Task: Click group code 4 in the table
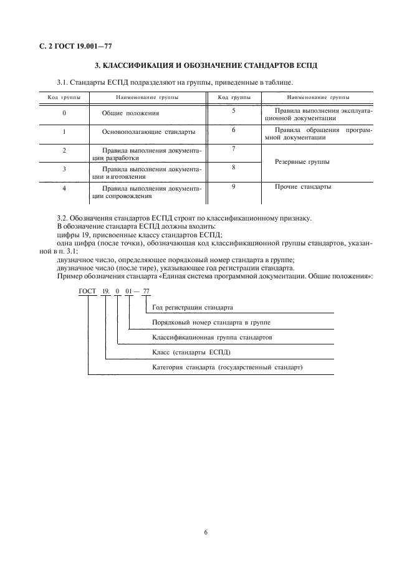(64, 187)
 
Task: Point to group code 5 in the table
(233, 110)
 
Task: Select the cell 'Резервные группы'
(302, 162)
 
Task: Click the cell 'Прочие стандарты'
(303, 186)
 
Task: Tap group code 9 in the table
(233, 186)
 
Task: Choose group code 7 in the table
(233, 149)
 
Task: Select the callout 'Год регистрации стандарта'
(193, 308)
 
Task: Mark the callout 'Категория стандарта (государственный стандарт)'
(227, 367)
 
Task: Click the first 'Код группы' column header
(64, 97)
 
